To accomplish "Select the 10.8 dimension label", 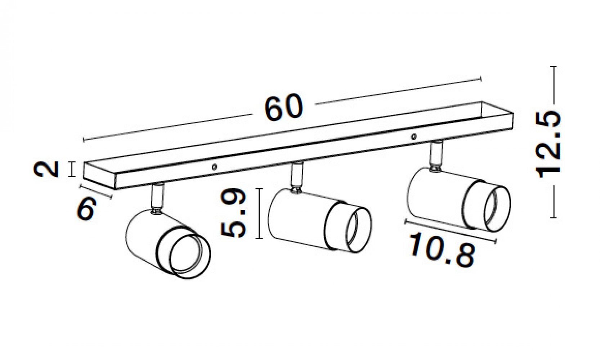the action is [x=442, y=250].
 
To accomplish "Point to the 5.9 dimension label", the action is [x=233, y=213].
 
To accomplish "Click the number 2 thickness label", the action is [x=46, y=169].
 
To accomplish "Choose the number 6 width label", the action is [x=86, y=208].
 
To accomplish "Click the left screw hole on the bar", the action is [x=214, y=167].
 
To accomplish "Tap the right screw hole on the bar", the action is [x=414, y=137].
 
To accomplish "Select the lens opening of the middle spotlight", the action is [x=359, y=230].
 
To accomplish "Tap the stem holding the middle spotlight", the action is [x=297, y=177].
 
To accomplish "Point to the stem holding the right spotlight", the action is [x=436, y=155].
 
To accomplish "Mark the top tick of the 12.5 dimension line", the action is [x=554, y=67].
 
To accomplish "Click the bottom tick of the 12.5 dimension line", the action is [x=554, y=217].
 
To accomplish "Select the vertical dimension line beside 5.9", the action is [x=259, y=213].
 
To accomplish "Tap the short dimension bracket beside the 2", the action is [x=71, y=169].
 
